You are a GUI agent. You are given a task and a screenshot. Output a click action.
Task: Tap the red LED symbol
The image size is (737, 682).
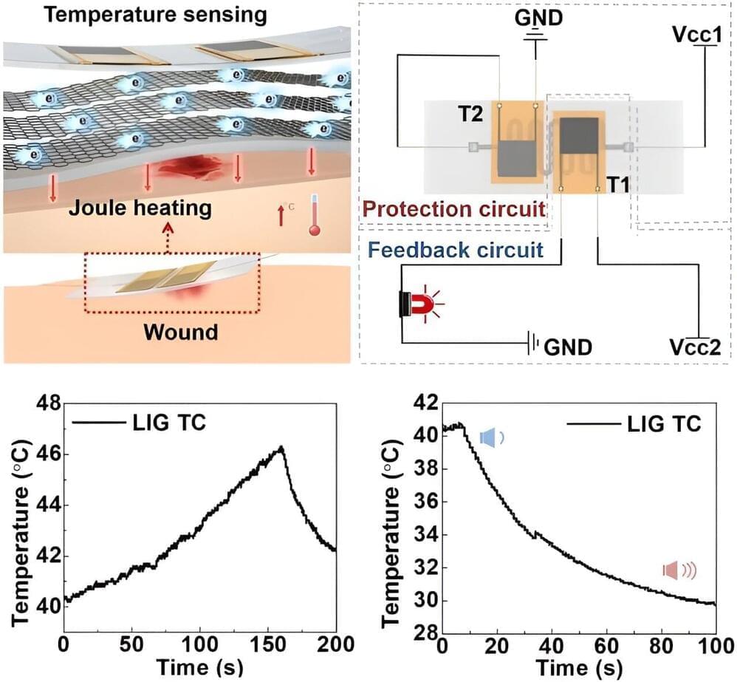416,304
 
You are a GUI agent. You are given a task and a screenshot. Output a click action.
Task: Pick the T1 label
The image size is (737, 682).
620,185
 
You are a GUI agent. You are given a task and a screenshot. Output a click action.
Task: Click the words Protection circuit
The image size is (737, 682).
454,210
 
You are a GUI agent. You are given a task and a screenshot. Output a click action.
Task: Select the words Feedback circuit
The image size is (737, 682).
456,249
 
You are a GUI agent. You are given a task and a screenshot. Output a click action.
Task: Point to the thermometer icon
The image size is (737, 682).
316,216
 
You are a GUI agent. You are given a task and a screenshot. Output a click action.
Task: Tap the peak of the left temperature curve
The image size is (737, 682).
281,447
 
